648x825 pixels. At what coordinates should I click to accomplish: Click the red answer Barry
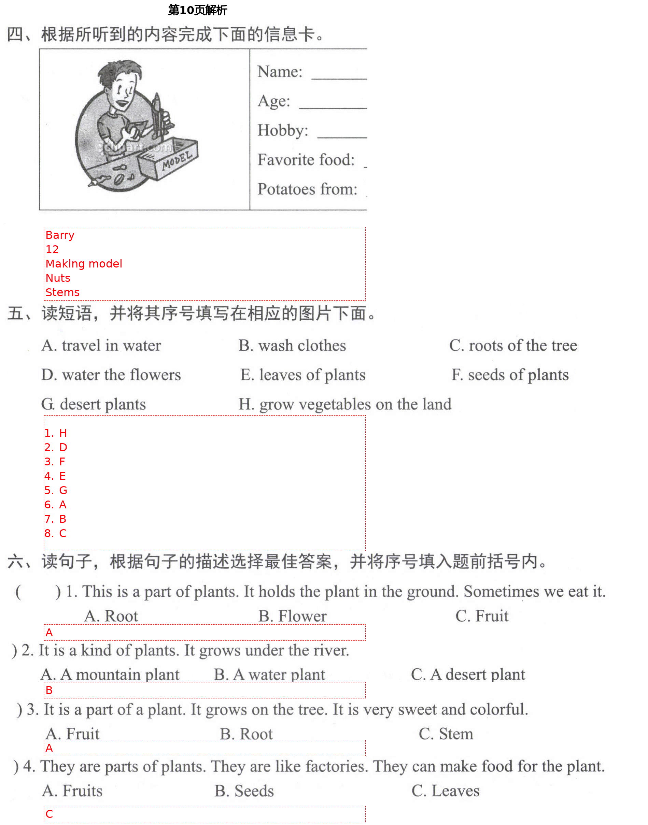[60, 235]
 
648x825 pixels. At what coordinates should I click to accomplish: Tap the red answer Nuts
[58, 278]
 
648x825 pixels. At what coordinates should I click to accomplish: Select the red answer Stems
[62, 293]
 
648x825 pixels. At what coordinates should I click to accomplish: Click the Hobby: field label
[283, 130]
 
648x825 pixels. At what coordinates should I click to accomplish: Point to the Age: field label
[273, 101]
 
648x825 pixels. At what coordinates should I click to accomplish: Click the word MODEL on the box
[177, 160]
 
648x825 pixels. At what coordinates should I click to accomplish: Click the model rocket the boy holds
[157, 116]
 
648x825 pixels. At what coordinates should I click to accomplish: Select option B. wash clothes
[292, 346]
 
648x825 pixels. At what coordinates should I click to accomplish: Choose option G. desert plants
[93, 405]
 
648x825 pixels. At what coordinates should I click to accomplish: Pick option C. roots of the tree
[512, 346]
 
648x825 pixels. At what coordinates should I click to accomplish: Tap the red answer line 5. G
[55, 491]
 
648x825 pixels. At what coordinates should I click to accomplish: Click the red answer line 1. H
[55, 433]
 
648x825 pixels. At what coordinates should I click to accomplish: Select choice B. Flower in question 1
[292, 617]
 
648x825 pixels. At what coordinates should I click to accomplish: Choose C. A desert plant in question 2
[468, 675]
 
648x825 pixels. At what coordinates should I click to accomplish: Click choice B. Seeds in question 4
[244, 792]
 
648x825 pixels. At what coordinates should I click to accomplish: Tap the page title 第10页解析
[197, 10]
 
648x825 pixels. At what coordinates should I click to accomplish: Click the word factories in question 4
[337, 767]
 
